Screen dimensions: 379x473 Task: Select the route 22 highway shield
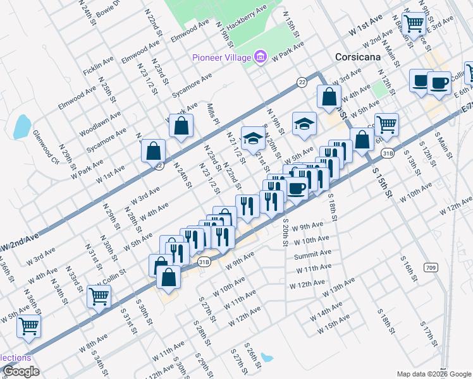tap(302, 82)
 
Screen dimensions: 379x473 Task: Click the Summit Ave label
tap(312, 255)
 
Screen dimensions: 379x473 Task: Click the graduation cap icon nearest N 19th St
tap(304, 123)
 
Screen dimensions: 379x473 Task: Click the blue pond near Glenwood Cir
tap(21, 126)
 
